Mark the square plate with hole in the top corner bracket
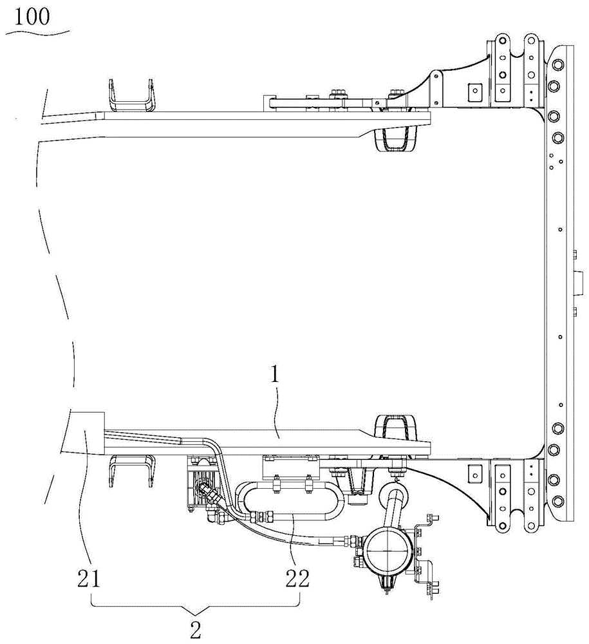coord(476,92)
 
